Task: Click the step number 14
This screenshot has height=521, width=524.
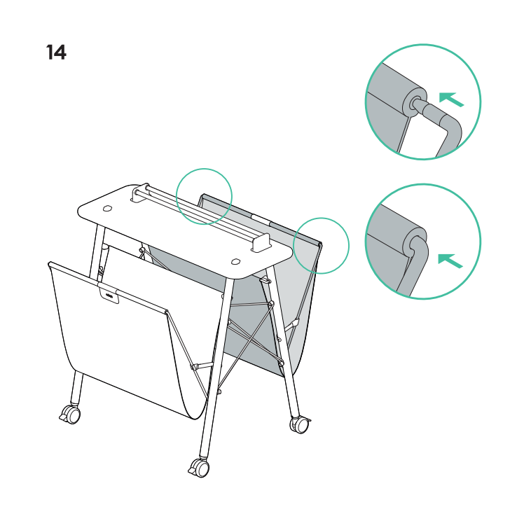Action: pos(56,53)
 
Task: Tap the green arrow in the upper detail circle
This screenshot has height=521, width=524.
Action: pos(451,99)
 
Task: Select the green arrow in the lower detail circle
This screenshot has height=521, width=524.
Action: pos(450,260)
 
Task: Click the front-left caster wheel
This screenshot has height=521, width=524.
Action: pos(71,415)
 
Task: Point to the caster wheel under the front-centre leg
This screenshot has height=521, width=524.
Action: pos(199,468)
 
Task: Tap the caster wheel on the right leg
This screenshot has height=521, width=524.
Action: pos(301,425)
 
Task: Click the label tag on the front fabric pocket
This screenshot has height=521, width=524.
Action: pos(109,295)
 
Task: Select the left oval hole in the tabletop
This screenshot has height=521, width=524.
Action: pos(107,209)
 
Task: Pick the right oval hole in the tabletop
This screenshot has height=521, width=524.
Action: pos(235,261)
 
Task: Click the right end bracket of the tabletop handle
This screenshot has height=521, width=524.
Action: pos(261,243)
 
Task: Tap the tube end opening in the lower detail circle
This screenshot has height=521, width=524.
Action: pos(415,243)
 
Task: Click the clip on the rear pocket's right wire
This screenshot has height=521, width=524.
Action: pos(294,324)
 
